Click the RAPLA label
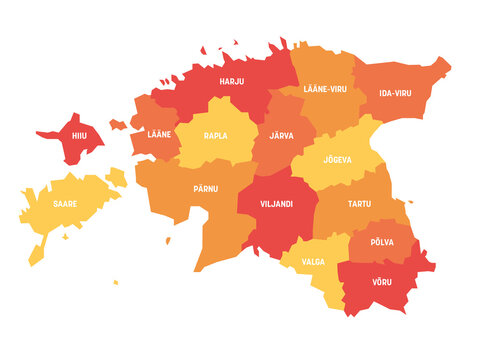click(215, 135)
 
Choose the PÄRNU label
click(206, 187)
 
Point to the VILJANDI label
click(275, 203)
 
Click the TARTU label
click(359, 204)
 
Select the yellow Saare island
click(55, 215)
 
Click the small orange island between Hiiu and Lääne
click(118, 125)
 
